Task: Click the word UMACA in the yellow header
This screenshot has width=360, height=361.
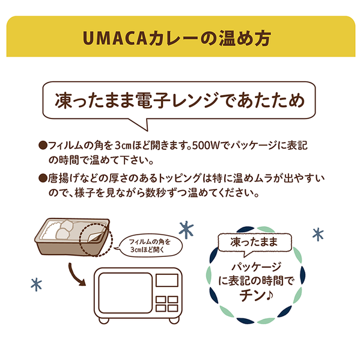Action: pyautogui.click(x=115, y=38)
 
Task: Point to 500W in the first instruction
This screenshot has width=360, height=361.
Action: pyautogui.click(x=206, y=146)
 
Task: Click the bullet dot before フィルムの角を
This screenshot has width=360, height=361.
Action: pyautogui.click(x=43, y=146)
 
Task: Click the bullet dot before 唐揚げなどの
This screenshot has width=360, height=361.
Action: pyautogui.click(x=43, y=179)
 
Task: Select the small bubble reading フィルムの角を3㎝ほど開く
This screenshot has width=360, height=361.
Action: pyautogui.click(x=150, y=245)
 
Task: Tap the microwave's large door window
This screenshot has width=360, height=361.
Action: pyautogui.click(x=126, y=293)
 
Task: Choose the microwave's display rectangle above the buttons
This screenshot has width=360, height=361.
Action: pyautogui.click(x=167, y=280)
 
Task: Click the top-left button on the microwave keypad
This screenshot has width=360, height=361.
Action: pyautogui.click(x=161, y=300)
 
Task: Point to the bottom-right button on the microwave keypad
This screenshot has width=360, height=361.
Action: pyautogui.click(x=172, y=308)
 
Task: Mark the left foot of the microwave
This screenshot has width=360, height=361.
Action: pyautogui.click(x=104, y=320)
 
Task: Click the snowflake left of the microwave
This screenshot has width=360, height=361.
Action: pyautogui.click(x=37, y=285)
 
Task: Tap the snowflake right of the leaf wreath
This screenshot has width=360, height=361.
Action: pyautogui.click(x=318, y=235)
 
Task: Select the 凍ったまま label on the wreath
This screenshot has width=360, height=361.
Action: pyautogui.click(x=254, y=242)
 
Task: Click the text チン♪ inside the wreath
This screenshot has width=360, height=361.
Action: pyautogui.click(x=256, y=296)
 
